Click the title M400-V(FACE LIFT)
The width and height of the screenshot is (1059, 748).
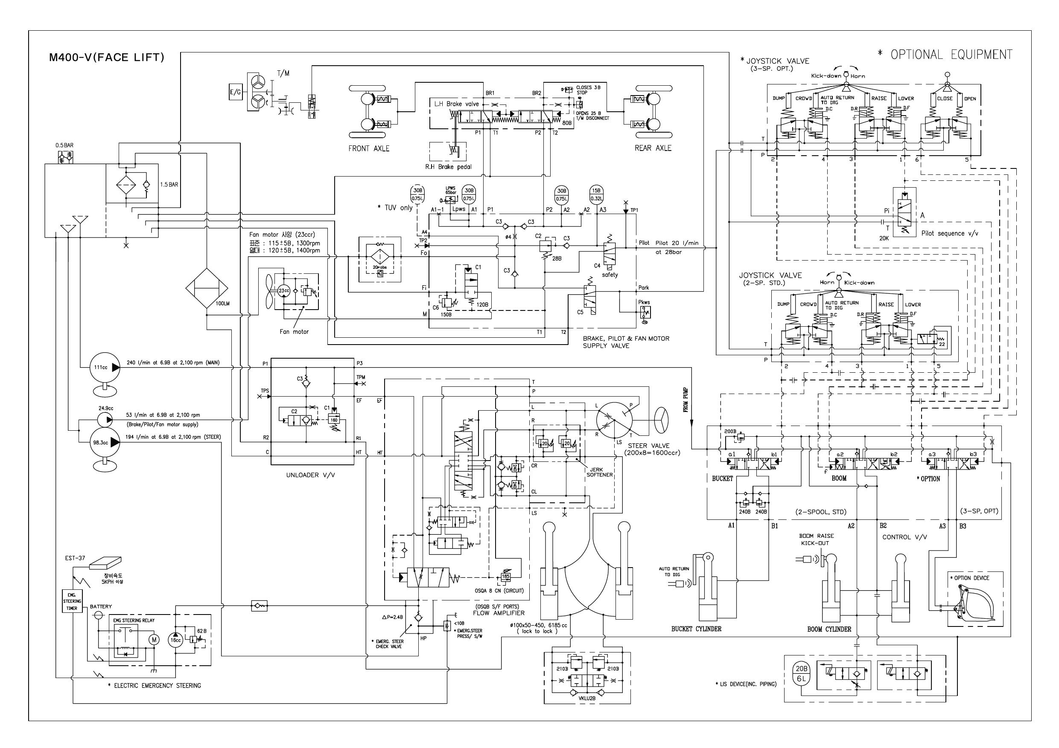coord(107,58)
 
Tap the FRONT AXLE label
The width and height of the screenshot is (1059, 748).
coord(368,148)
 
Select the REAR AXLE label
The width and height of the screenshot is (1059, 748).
coord(653,148)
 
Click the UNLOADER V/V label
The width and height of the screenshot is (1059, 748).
coord(309,475)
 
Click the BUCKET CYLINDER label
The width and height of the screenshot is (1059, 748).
coord(696,629)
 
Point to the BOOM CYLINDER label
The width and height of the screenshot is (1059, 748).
coord(829,629)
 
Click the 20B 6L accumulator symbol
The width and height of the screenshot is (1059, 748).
coord(802,674)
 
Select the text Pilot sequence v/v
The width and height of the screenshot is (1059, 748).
coord(949,233)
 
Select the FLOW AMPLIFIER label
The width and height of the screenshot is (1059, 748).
coord(498,613)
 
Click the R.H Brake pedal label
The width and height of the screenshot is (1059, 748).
coord(448,167)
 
